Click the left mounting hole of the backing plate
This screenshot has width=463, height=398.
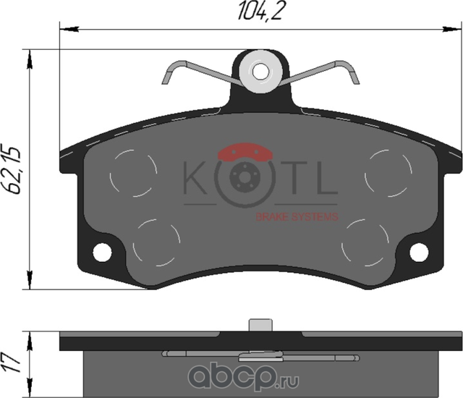102,252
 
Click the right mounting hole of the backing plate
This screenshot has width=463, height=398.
420,252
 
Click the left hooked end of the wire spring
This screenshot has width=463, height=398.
167,72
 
